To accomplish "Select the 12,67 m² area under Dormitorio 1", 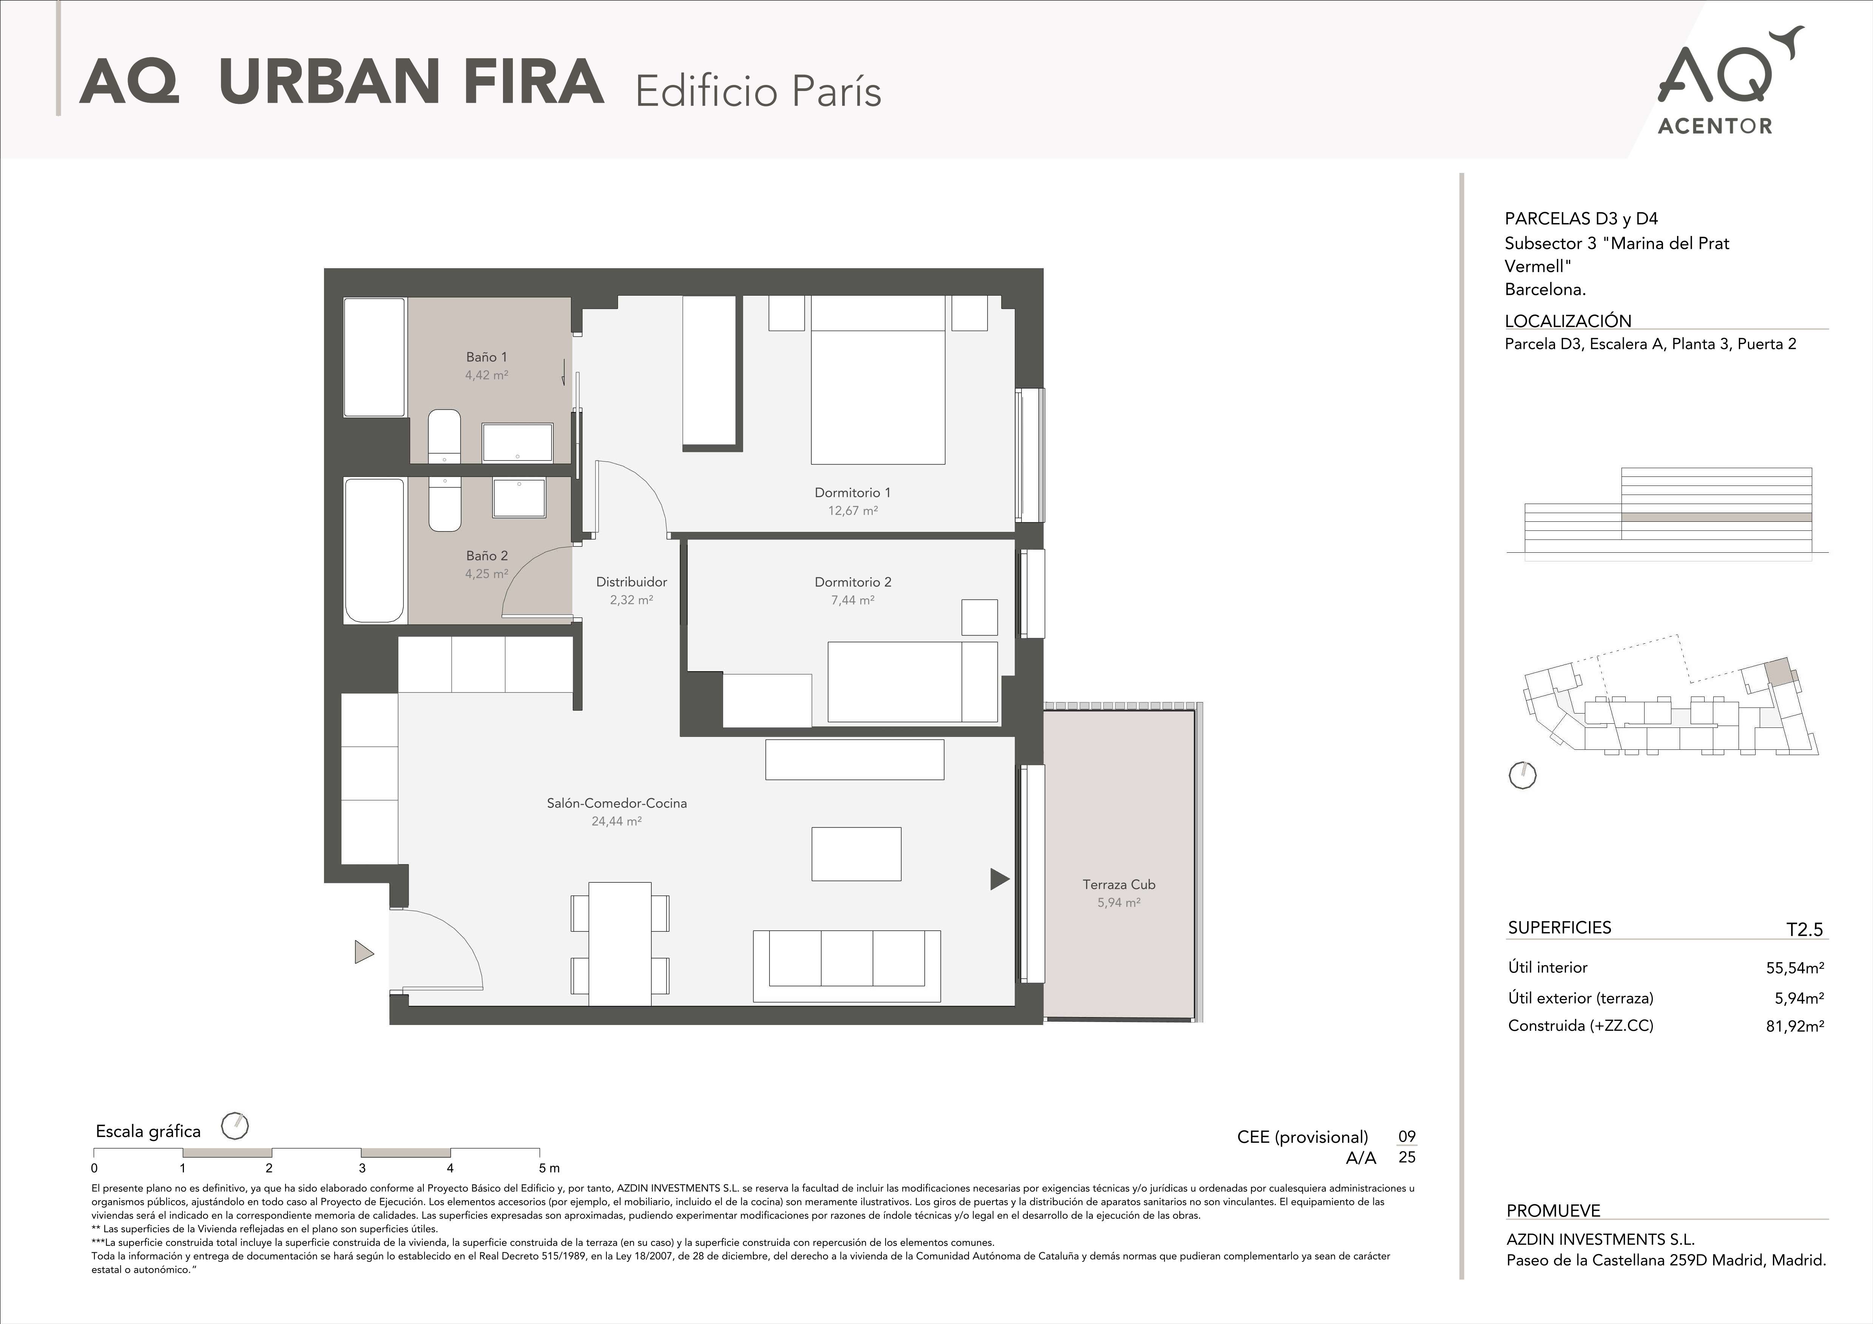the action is click(x=852, y=511).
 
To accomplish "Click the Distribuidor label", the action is click(x=631, y=582).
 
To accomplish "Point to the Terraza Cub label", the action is click(x=1119, y=884).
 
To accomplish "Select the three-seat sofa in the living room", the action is click(x=847, y=966).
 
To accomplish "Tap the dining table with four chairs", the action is click(x=620, y=944).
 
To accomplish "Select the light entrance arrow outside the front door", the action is click(x=364, y=952).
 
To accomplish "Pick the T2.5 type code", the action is click(x=1805, y=929).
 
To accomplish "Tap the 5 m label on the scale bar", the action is click(x=549, y=1168).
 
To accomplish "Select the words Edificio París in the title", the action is click(x=758, y=91).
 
